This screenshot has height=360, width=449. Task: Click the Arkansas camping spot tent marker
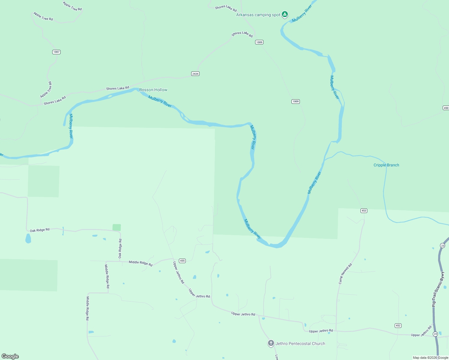point(285,14)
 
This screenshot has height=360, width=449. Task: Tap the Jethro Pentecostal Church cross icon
point(271,343)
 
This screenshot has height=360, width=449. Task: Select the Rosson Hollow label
point(153,90)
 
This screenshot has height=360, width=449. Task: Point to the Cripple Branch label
point(386,165)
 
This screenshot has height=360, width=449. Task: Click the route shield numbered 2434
point(195,73)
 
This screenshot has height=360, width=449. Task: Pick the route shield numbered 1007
point(56,52)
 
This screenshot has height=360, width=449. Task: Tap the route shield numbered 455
point(182,261)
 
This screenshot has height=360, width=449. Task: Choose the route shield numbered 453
point(364,211)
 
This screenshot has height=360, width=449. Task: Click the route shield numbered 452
point(398,325)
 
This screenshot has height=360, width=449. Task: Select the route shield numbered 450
point(446,108)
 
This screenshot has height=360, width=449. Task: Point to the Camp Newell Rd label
point(345,274)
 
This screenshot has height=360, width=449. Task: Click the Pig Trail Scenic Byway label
point(438,289)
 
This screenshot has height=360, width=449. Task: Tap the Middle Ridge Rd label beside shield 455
point(140,263)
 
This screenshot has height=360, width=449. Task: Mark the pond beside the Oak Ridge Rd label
point(28,239)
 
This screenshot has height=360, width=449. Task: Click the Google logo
point(10,356)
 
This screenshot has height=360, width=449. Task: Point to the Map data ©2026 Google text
point(430,358)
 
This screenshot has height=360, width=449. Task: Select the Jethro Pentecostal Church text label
point(300,343)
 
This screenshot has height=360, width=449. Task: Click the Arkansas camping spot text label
point(258,15)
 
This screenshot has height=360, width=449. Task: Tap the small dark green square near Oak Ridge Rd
point(117,227)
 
